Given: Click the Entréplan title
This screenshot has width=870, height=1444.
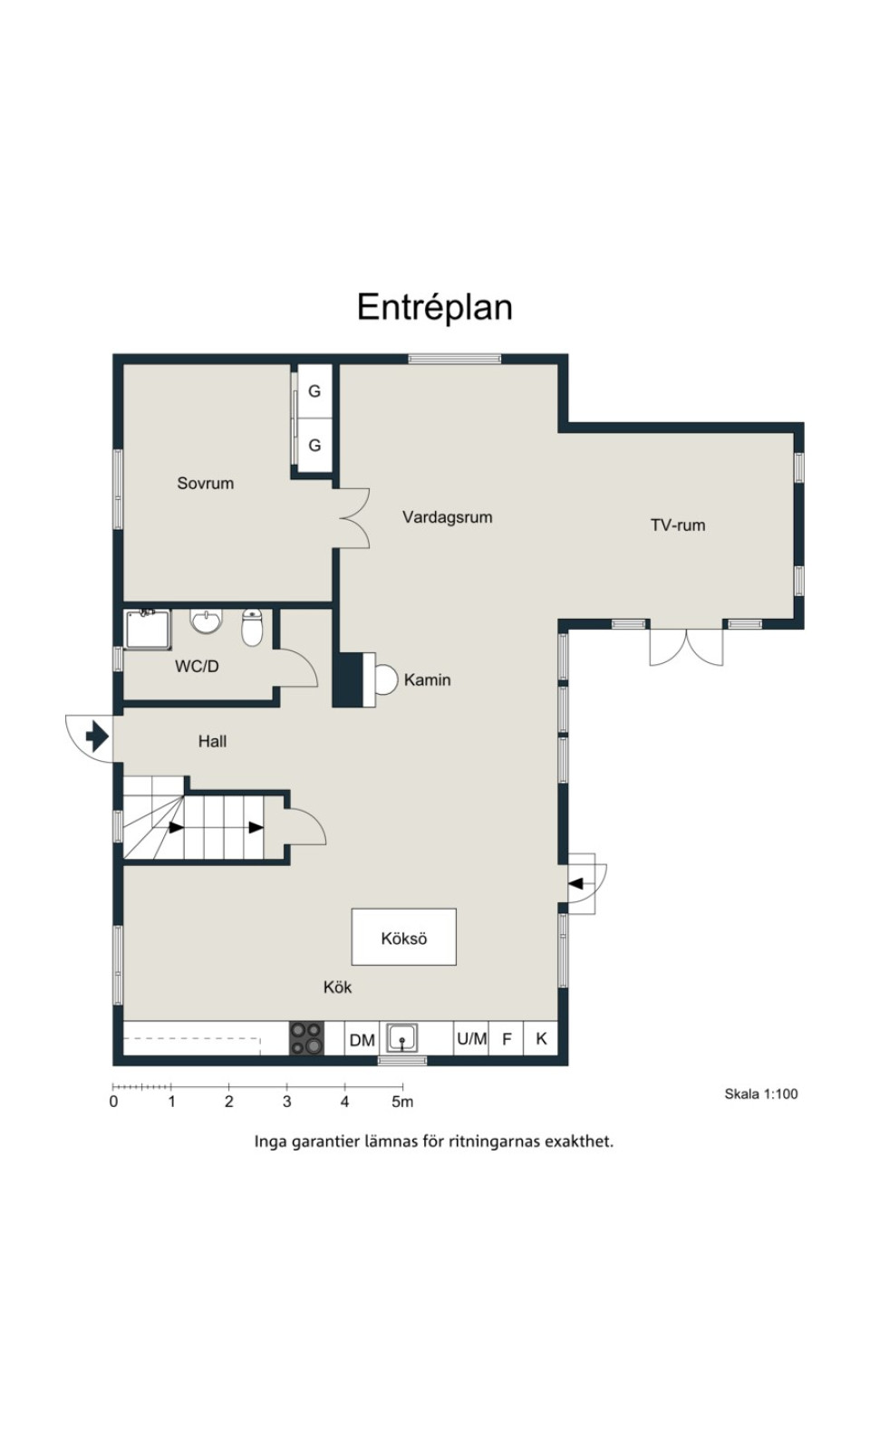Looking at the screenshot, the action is tap(435, 307).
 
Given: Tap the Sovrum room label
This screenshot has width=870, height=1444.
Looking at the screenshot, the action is tap(205, 483).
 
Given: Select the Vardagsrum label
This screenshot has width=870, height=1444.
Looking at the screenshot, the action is tap(447, 517).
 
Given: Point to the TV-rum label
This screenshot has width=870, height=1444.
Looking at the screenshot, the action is tap(677, 525).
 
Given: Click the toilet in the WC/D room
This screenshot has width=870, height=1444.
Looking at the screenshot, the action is tap(252, 627).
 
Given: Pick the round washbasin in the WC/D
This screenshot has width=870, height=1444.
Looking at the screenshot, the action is tap(206, 621).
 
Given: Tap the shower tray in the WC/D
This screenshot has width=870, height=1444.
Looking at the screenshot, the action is tap(148, 630).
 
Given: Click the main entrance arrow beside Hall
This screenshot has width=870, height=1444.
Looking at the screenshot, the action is tap(97, 736).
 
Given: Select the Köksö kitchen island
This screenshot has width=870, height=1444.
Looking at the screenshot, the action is tap(403, 938).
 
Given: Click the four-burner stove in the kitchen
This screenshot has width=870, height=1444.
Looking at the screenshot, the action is tap(306, 1038).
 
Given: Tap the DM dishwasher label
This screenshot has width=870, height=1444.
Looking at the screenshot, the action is tap(362, 1040).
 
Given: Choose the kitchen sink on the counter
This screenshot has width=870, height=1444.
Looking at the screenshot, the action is tap(401, 1038).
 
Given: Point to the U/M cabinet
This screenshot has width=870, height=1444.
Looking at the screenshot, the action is tap(471, 1038).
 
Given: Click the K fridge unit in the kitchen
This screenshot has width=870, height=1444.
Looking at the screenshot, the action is tap(540, 1038).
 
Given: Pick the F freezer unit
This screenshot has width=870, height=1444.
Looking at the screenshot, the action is tap(507, 1038).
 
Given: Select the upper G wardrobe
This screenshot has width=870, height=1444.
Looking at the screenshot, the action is tap(314, 390).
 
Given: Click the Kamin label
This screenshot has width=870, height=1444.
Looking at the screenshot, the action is tap(427, 679).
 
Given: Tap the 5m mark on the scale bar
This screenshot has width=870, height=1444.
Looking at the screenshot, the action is tap(402, 1102).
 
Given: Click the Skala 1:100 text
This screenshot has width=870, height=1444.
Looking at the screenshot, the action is tap(761, 1093).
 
